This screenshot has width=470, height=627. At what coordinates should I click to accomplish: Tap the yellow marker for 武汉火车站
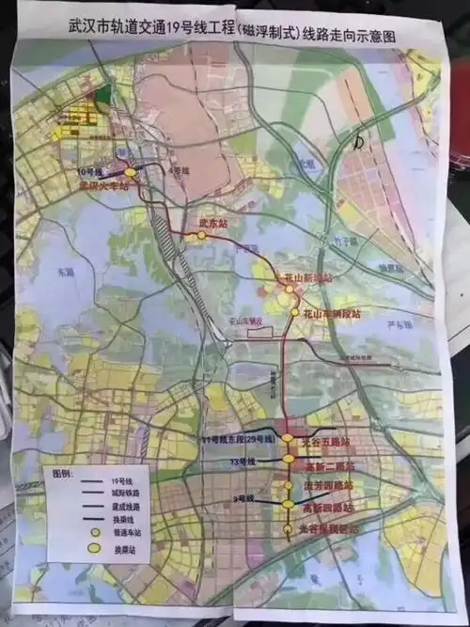coord(131,173)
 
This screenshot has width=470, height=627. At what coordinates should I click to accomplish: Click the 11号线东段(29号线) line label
coord(236,440)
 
